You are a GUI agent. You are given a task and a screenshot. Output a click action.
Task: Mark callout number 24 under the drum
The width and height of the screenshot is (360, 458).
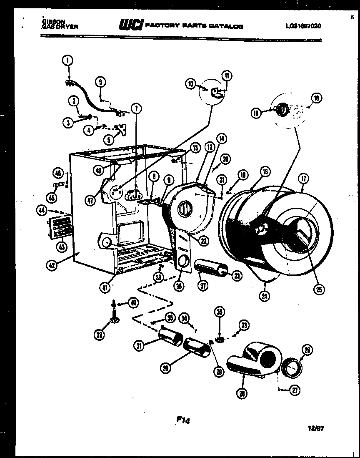(x=264, y=296)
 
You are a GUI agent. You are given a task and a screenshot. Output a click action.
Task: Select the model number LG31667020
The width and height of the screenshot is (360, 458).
(x=303, y=26)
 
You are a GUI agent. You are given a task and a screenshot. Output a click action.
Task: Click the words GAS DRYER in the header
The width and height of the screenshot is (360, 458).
(x=60, y=27)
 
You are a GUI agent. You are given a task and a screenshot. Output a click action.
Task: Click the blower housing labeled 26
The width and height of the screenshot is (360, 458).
(x=252, y=359)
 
